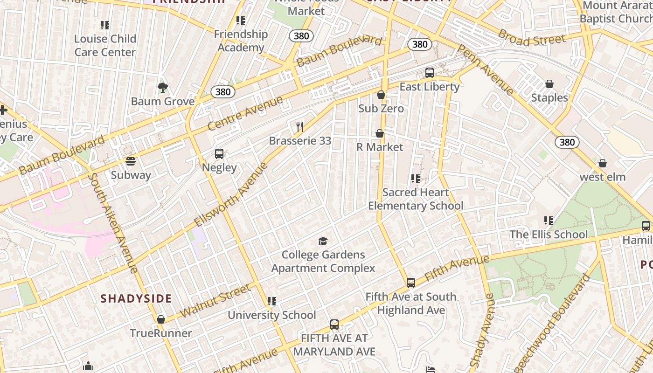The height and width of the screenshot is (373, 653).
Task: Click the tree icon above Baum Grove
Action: [162, 87]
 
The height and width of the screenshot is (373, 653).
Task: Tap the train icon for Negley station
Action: [219, 154]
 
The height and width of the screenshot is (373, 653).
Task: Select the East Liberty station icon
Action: [430, 73]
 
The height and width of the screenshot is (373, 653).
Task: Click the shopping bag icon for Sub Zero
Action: [381, 95]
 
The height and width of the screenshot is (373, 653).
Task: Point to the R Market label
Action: [380, 147]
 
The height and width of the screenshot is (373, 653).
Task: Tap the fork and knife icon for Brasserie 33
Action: [300, 127]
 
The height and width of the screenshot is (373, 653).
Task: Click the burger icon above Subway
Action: [131, 161]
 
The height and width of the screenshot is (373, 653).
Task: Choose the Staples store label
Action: [549, 98]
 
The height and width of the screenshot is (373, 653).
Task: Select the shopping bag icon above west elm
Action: [603, 163]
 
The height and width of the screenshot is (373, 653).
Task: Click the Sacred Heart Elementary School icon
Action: [416, 179]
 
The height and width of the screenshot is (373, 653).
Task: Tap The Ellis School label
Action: [549, 235]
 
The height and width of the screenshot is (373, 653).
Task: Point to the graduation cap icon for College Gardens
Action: [323, 241]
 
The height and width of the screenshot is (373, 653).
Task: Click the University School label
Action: [271, 315]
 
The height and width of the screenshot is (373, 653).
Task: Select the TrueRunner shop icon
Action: [161, 319]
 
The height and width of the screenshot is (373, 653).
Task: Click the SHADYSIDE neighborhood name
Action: [136, 299]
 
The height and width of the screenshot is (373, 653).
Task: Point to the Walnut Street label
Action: [215, 302]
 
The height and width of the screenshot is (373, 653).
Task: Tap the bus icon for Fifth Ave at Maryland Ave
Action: [334, 325]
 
